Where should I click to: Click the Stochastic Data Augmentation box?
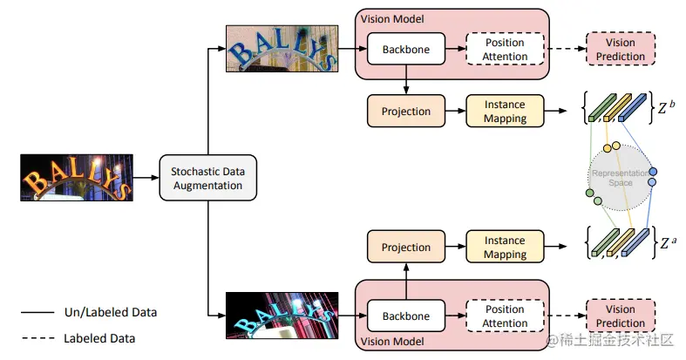click(x=208, y=178)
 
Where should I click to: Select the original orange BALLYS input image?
click(x=76, y=178)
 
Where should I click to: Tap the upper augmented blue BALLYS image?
click(x=280, y=49)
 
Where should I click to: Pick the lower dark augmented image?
click(x=280, y=315)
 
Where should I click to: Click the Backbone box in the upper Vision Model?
click(x=405, y=49)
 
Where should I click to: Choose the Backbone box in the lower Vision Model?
click(x=405, y=316)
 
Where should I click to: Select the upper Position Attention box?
click(x=506, y=50)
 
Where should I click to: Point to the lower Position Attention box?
click(x=506, y=316)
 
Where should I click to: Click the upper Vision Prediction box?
click(x=620, y=50)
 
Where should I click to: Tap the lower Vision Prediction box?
click(x=620, y=316)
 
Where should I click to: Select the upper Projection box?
click(x=406, y=111)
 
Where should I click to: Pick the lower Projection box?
click(x=406, y=247)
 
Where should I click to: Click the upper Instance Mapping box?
click(x=506, y=111)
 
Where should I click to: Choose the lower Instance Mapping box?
click(x=506, y=247)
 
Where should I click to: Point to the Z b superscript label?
click(x=665, y=109)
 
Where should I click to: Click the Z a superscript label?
click(x=665, y=243)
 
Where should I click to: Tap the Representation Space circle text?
click(x=620, y=178)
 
